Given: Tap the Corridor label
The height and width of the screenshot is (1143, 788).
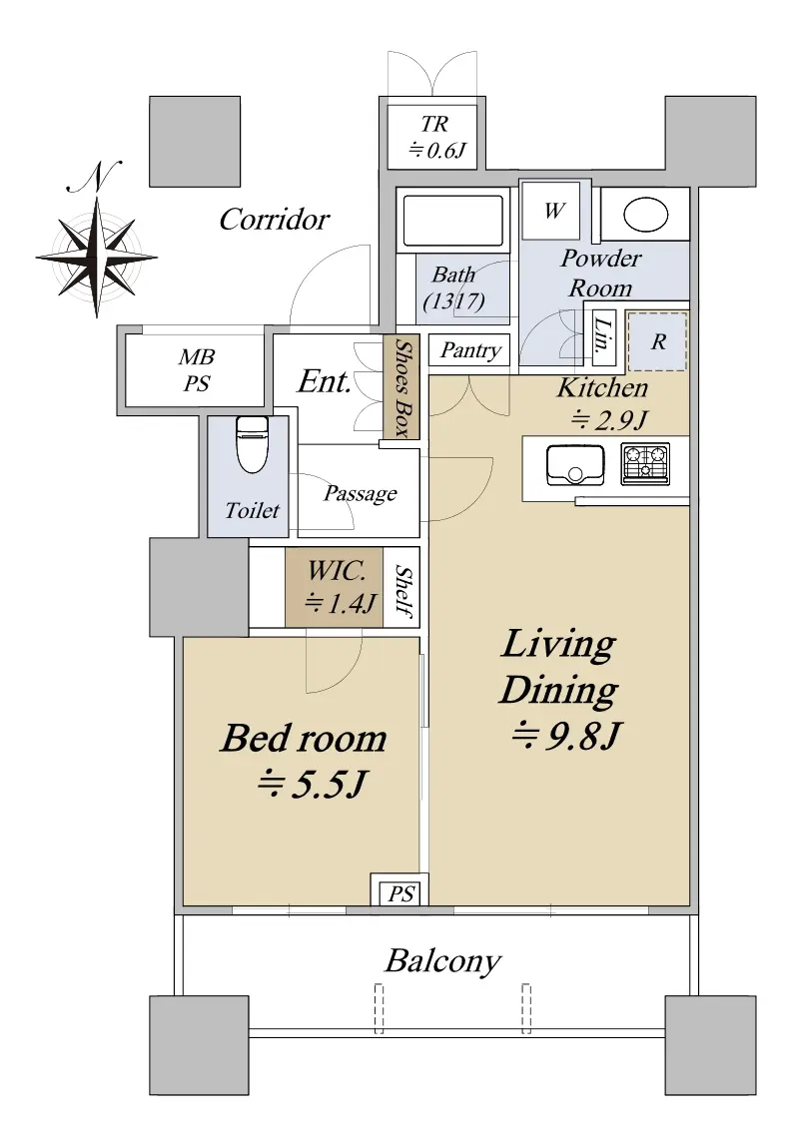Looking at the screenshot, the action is pyautogui.click(x=275, y=220).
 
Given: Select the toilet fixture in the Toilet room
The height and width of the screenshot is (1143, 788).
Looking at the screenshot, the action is pyautogui.click(x=252, y=445).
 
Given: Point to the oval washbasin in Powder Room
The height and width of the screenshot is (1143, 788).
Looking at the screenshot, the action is pyautogui.click(x=646, y=215).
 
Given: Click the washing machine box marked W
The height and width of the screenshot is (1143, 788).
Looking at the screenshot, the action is pyautogui.click(x=553, y=211).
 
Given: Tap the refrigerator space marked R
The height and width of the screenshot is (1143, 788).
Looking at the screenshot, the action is pyautogui.click(x=657, y=341).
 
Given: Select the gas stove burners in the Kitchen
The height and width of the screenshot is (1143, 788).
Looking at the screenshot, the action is pyautogui.click(x=645, y=463).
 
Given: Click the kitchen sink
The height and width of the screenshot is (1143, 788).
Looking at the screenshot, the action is pyautogui.click(x=575, y=464).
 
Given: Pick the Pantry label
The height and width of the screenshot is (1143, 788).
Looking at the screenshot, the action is pyautogui.click(x=470, y=350).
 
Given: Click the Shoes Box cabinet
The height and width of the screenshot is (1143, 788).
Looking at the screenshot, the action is pyautogui.click(x=401, y=387).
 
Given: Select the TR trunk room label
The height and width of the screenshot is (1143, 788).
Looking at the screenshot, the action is pyautogui.click(x=434, y=137).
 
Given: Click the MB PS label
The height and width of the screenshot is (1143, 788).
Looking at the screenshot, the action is pyautogui.click(x=197, y=370).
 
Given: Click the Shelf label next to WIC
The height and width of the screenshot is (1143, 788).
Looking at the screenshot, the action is pyautogui.click(x=403, y=590).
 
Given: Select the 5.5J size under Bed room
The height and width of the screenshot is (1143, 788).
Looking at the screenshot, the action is pyautogui.click(x=312, y=785).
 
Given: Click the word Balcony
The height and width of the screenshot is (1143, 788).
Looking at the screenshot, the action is pyautogui.click(x=442, y=960).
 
